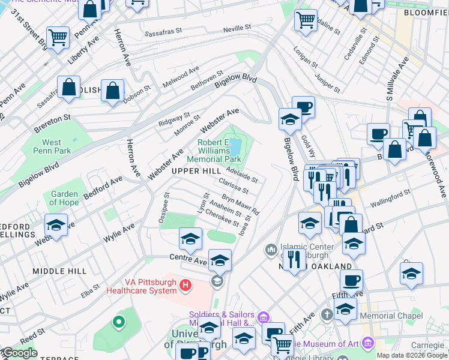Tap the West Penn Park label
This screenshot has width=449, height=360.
point(52,146)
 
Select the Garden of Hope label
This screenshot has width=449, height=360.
point(64,198)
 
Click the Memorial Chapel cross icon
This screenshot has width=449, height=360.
point(327,314)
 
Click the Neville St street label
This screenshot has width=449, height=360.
point(237,28)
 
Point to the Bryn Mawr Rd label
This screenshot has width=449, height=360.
point(240,204)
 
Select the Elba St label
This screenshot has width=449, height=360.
point(91,290)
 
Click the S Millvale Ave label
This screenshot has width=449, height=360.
point(397,78)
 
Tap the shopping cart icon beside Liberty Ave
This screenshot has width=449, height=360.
point(58,38)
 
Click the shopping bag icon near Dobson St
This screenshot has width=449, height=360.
point(112,91)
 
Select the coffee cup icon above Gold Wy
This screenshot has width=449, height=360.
point(304,108)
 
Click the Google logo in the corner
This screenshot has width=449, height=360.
point(19,353)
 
